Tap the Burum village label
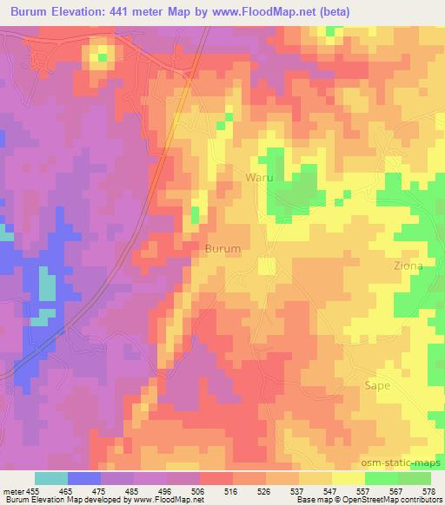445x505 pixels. [222, 248]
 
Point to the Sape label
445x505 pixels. [377, 386]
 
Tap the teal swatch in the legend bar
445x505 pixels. [51, 478]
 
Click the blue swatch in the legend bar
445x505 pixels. [84, 478]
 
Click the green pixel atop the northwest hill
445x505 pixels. [103, 57]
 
